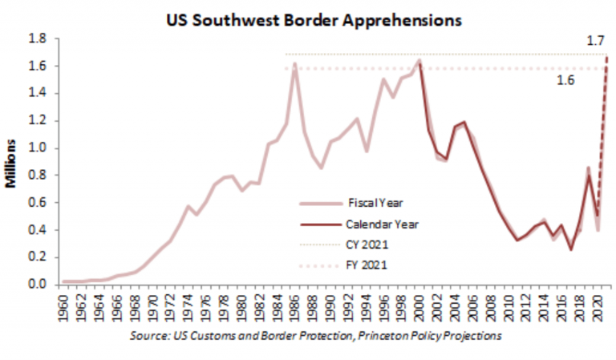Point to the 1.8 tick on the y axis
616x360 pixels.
(38, 38)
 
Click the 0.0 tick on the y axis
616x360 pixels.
(38, 284)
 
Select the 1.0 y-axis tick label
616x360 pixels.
(38, 148)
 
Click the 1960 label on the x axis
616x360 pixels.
(63, 305)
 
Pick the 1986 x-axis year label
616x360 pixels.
(295, 305)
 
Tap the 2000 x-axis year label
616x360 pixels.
(419, 305)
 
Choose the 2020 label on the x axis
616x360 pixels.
(598, 305)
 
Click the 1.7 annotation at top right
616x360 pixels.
(594, 39)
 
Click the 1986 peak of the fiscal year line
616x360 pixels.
(295, 64)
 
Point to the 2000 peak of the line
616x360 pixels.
(419, 60)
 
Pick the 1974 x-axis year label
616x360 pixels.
(188, 305)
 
